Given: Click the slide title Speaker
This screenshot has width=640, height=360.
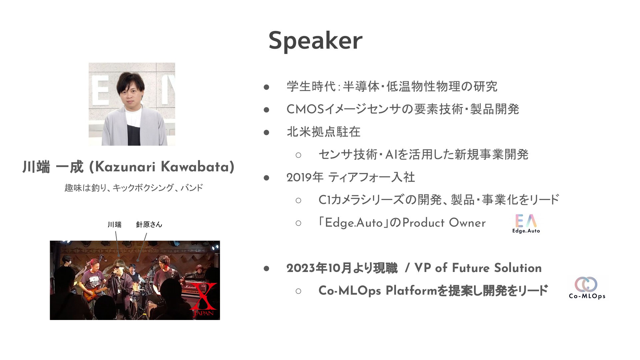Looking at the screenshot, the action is point(315,41).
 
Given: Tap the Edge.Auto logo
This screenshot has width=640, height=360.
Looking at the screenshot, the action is point(526,224).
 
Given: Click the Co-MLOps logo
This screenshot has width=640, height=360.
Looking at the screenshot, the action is point(587,288).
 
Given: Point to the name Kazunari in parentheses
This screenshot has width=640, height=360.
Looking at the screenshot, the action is point(125,167).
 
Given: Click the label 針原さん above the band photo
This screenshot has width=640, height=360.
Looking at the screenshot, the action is point(149,224).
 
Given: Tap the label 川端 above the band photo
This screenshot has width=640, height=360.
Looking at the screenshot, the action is point(114,224).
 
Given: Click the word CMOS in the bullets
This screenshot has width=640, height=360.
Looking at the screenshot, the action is point(305,109).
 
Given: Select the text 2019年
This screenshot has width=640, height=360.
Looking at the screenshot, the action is point(305,177).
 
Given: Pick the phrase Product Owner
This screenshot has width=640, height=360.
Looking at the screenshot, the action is point(444,223).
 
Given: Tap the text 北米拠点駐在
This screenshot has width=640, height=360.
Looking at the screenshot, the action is point(324,132).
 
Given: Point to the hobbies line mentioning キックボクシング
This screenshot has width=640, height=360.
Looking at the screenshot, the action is point(134,188).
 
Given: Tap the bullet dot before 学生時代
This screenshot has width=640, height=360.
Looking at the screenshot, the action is point(266,87).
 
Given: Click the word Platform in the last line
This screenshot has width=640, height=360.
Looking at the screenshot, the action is point(411,291).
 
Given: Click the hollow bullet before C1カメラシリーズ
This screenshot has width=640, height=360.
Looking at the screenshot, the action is point(298,200).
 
